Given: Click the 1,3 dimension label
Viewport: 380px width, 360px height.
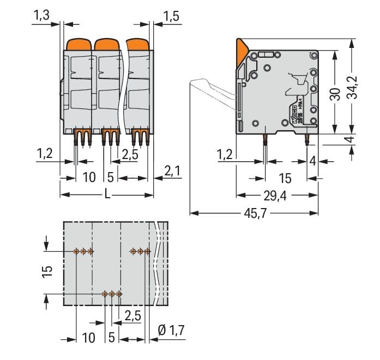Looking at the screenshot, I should (42, 16).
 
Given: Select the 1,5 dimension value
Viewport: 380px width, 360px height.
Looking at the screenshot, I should (171, 16).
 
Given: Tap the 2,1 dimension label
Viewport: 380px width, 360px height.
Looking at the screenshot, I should (172, 172).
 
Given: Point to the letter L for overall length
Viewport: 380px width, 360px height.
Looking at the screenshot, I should (107, 195).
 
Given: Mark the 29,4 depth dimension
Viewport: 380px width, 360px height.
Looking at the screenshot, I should (275, 196).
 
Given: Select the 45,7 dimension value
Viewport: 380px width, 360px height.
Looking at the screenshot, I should (252, 213).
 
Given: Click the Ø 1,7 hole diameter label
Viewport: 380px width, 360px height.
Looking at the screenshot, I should (171, 330).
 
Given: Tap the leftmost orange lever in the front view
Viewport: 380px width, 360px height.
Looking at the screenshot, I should (79, 44).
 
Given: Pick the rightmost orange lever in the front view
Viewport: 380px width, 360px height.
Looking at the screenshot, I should (138, 44).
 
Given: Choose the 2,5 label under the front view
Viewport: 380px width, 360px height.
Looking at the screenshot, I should (129, 155).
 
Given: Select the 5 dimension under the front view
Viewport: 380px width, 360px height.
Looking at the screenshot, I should (110, 178).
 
